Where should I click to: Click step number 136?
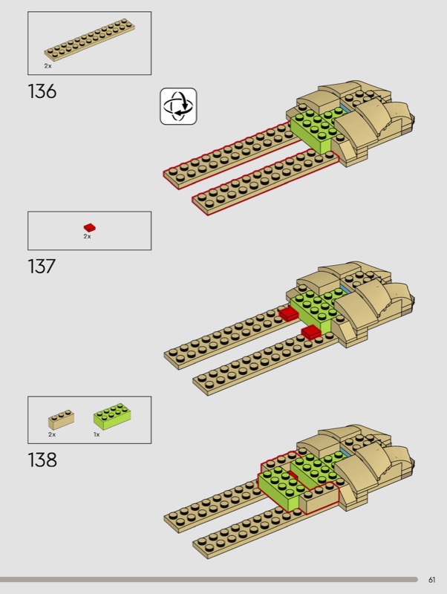42,91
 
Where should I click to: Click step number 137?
42,267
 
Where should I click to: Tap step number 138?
42,460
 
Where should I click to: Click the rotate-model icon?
178,106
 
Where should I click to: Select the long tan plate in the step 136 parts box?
90,40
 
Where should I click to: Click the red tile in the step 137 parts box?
90,227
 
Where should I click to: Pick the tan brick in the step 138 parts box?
61,419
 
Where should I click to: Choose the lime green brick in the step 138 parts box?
112,417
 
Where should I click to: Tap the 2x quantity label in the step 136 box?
48,66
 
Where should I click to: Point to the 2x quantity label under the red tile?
87,236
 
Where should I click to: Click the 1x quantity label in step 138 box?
97,434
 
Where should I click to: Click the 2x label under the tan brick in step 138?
52,434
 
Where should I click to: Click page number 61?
432,580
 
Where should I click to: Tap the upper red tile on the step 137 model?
289,313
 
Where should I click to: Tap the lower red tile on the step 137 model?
311,332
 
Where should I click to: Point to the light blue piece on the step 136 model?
345,108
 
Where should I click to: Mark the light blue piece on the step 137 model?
345,290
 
